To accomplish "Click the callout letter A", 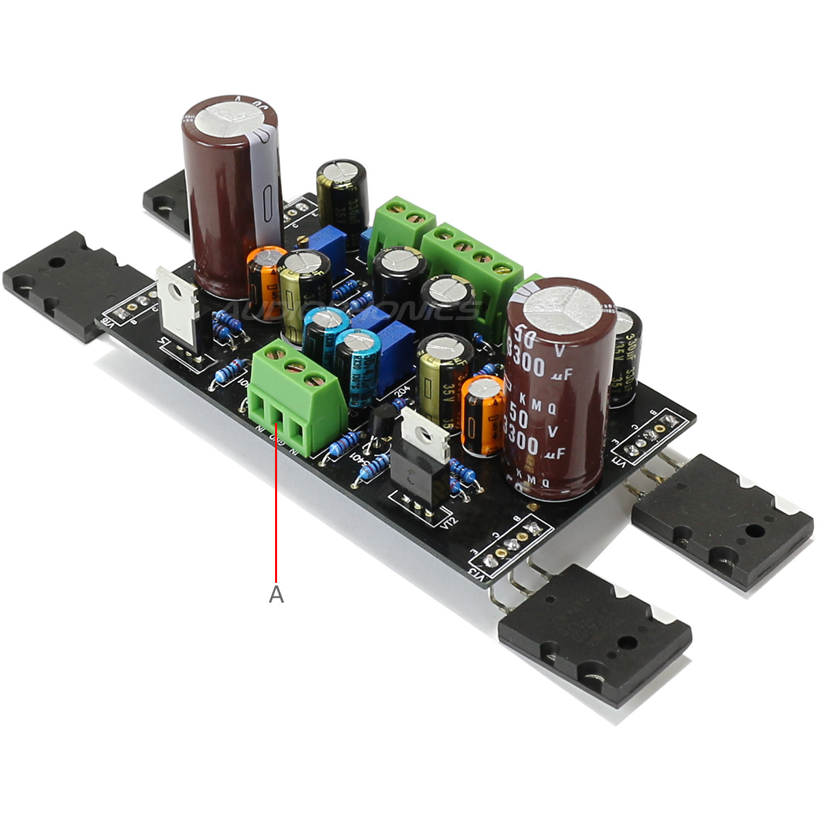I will click(276, 594).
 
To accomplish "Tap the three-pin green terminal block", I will click(295, 399).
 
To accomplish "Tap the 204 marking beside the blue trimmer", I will click(403, 392).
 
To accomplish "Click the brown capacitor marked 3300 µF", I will click(557, 389).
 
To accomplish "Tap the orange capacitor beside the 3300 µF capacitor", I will click(483, 416).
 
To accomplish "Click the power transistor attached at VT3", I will click(594, 635).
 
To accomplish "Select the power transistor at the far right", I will click(723, 519).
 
